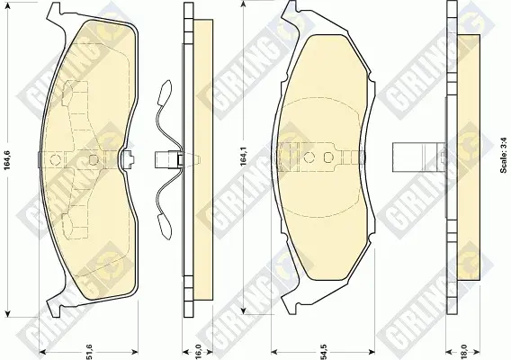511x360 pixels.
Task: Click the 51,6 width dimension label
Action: coord(89,351)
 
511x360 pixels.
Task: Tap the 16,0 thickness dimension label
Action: coord(198,351)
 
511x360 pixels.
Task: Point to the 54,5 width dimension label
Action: coord(324,351)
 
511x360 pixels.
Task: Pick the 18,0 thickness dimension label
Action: coord(463,351)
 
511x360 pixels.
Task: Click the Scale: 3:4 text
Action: coord(504,155)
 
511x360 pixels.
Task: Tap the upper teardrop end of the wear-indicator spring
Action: coord(165,92)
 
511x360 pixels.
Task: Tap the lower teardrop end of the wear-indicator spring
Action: coord(165,228)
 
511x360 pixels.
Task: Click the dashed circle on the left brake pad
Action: coord(56,159)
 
